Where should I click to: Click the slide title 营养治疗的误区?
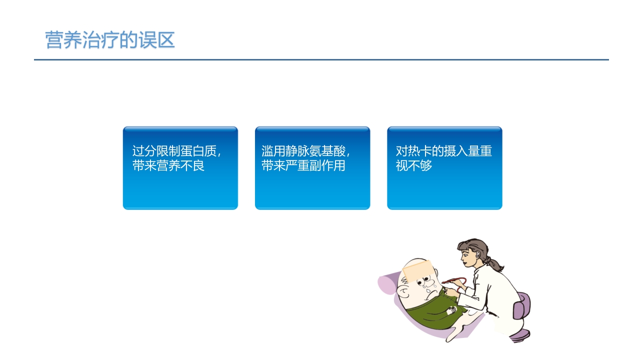(x=110, y=40)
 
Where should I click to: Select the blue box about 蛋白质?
(x=180, y=168)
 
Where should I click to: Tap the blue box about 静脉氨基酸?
(x=312, y=168)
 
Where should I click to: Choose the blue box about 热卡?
(x=444, y=168)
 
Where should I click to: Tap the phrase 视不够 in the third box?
(x=414, y=166)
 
